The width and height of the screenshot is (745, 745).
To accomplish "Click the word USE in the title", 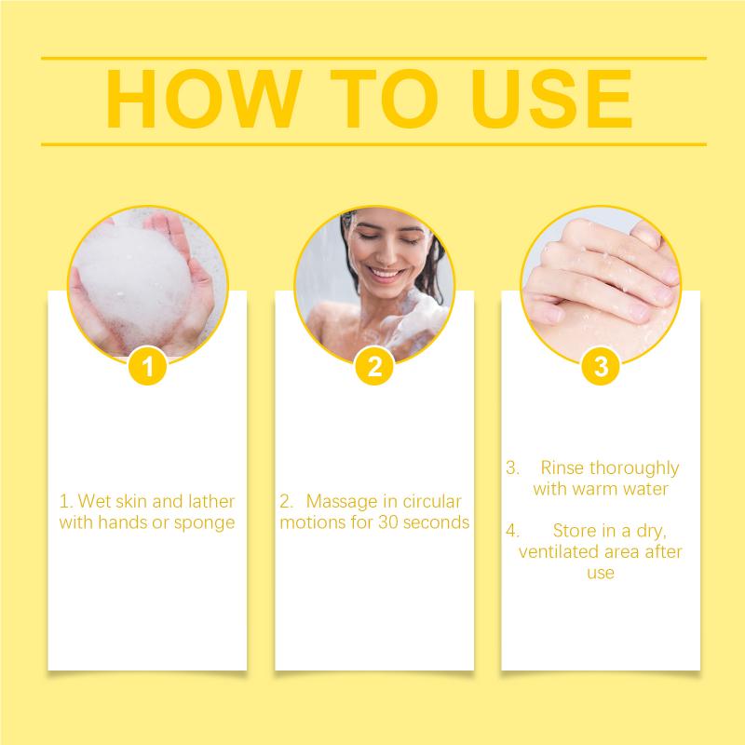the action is pos(551,99).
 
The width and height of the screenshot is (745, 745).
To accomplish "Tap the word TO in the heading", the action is pos(384,99).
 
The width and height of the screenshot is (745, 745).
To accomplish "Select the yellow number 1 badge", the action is pos(147,366).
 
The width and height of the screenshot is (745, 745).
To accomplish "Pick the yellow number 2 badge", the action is pos(374,366).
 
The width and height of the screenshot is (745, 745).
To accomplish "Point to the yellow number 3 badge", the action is pos(601,366).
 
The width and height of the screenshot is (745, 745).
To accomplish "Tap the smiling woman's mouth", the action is pos(386,274).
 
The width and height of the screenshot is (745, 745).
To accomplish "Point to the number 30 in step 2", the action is pos(388,522).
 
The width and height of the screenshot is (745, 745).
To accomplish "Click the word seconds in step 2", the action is pos(436,522).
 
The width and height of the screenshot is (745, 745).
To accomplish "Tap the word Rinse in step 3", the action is pos(562,467).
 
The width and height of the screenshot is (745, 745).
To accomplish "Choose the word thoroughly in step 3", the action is pos(634,469).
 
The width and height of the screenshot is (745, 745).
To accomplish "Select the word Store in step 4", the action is pos(575,530).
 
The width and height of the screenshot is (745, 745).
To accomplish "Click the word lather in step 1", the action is pos(211,501).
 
